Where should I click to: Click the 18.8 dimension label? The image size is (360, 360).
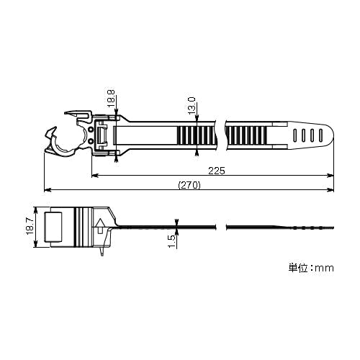(111, 99)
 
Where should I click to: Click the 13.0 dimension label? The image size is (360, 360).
(192, 106)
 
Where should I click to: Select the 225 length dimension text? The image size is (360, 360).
(217, 171)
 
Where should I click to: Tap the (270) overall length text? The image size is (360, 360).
(189, 185)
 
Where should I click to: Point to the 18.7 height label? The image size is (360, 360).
(30, 227)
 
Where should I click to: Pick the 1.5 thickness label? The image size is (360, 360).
(172, 241)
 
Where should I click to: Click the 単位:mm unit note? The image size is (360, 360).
(311, 268)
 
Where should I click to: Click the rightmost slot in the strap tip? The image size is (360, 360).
(320, 135)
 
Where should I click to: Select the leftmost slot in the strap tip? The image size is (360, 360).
(295, 135)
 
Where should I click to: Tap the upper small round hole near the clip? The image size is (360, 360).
(91, 130)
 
